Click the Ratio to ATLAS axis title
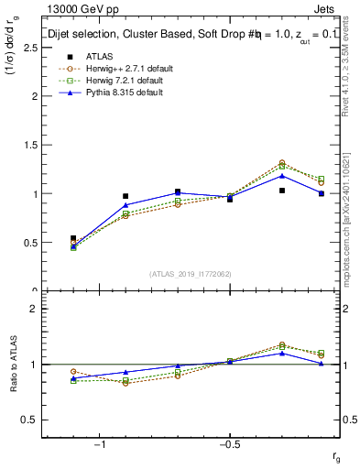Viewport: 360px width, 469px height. [x=13, y=365]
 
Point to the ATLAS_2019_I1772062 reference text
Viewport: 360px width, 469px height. [x=190, y=274]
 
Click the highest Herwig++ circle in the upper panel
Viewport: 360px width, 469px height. [x=282, y=163]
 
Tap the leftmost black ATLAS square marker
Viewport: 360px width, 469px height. [x=73, y=238]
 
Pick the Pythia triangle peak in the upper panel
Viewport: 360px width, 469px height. [x=282, y=175]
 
